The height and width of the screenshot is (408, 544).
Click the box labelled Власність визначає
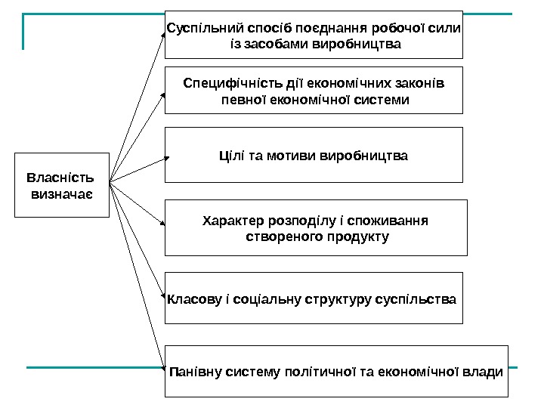(x=62, y=185)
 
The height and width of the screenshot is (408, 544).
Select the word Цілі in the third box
(x=227, y=156)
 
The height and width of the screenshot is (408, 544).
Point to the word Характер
(x=233, y=221)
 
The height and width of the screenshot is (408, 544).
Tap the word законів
(x=419, y=82)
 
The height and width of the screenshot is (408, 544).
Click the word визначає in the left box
(x=62, y=194)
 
